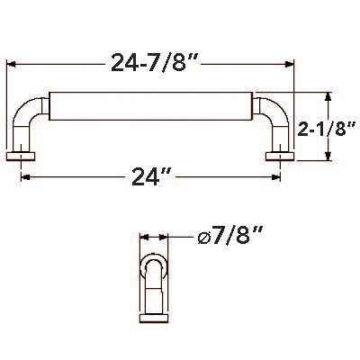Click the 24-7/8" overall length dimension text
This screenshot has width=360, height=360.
pyautogui.click(x=152, y=62)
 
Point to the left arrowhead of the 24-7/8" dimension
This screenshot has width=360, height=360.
pyautogui.click(x=13, y=63)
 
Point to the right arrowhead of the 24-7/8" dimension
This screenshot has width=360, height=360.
pyautogui.click(x=291, y=63)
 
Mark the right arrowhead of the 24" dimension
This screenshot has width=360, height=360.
pyautogui.click(x=275, y=176)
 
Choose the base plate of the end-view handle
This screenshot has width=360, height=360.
pyautogui.click(x=154, y=314)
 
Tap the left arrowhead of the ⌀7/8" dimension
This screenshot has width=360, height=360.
pyautogui.click(x=145, y=238)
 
